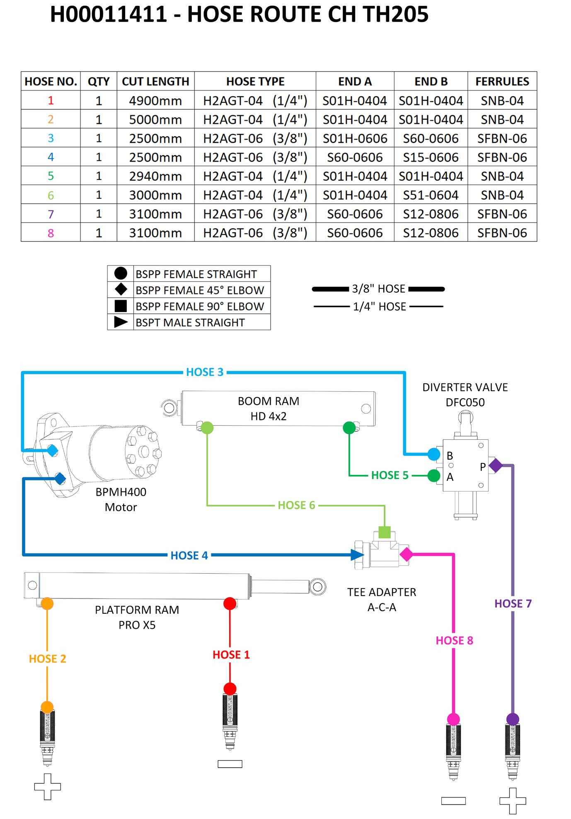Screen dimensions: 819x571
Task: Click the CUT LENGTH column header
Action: click(155, 81)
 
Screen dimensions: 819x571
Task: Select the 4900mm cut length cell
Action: click(155, 101)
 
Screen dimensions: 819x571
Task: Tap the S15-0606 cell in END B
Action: click(431, 157)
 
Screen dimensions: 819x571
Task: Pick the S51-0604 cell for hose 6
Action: click(431, 195)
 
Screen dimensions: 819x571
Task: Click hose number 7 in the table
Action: click(51, 214)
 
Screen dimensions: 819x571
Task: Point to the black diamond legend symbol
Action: click(121, 289)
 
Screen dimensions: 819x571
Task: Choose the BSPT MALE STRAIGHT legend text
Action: click(190, 322)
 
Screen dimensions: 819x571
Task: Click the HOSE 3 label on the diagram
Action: click(205, 372)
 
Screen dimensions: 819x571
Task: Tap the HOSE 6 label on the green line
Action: click(296, 505)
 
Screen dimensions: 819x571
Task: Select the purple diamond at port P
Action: click(496, 465)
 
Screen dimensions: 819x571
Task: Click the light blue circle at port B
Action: click(434, 454)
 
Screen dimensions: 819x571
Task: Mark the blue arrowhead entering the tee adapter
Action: click(357, 555)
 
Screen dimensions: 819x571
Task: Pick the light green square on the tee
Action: click(385, 532)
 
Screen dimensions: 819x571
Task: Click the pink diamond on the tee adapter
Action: click(406, 554)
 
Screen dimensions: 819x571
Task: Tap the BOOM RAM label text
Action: click(269, 401)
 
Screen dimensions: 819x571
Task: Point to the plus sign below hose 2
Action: click(47, 786)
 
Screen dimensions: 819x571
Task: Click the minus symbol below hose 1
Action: click(230, 764)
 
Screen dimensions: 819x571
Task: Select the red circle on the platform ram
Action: click(230, 603)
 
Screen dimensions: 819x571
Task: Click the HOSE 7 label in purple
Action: click(513, 604)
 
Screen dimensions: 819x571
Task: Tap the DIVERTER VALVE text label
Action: click(465, 388)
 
